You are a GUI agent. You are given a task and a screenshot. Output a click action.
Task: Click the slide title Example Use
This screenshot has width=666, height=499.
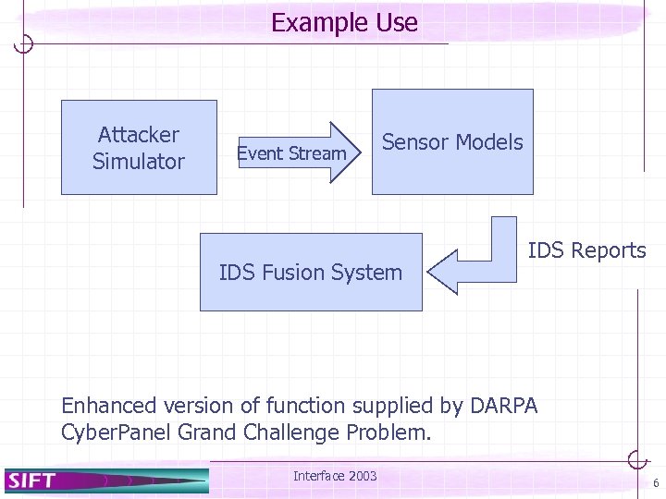coord(344,23)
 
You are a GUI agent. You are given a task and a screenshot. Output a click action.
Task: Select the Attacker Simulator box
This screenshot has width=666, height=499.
coord(139,148)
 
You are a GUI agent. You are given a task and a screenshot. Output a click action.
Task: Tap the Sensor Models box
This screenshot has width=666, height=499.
coord(452,142)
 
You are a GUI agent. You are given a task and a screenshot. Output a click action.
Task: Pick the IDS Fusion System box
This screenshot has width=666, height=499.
coord(311,272)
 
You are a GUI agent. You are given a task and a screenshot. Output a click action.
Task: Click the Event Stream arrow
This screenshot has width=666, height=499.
coord(297,153)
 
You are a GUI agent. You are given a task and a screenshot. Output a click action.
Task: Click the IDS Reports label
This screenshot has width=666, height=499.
coord(586,250)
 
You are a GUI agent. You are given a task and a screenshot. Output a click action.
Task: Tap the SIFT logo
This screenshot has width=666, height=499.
coord(33,480)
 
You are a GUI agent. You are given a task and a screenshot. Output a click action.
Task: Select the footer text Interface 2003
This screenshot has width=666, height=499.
coord(335,476)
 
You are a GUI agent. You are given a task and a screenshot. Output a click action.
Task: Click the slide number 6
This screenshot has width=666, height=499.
coord(655,483)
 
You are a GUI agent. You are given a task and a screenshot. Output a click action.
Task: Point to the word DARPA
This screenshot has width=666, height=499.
coord(504,405)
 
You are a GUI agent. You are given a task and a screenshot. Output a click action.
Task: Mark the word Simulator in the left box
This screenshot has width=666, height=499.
coord(139,162)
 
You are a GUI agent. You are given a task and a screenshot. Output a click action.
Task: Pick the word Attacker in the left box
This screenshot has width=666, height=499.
coord(139,135)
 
